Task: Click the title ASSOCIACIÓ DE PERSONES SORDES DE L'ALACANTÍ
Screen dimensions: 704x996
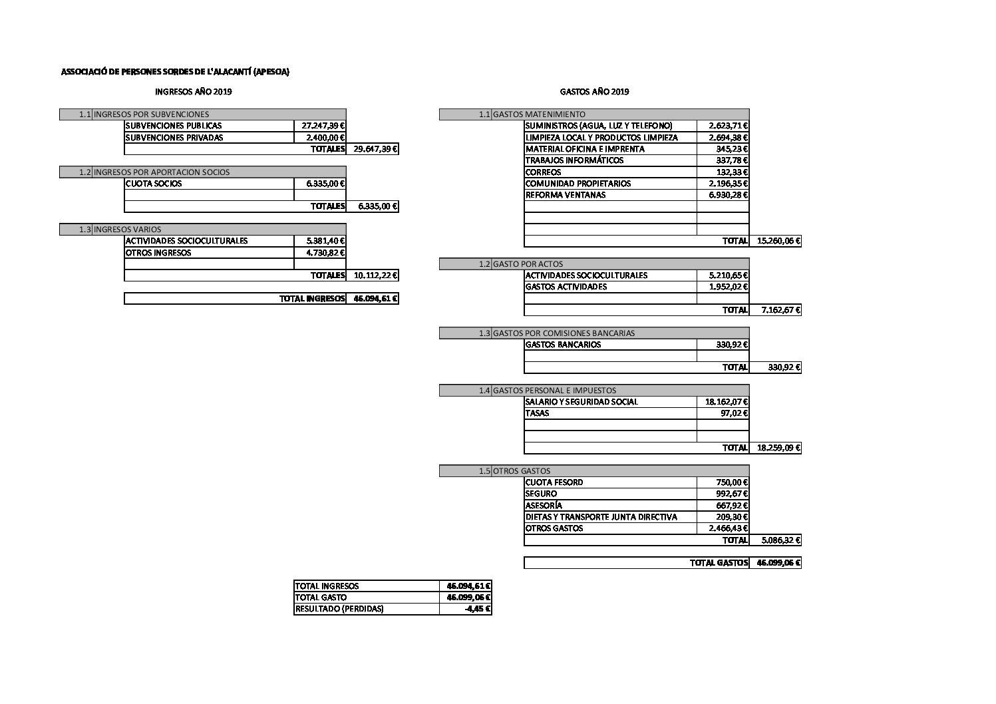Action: coord(175,72)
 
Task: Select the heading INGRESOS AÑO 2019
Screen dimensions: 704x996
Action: coord(194,92)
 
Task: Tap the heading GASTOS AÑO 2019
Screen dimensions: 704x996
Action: coord(594,92)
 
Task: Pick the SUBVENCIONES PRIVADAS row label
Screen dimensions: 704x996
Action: coord(174,138)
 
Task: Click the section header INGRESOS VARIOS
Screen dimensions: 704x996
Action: coord(127,230)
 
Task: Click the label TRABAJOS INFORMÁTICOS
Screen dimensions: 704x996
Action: coord(574,160)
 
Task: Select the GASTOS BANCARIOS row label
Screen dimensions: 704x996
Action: coord(563,345)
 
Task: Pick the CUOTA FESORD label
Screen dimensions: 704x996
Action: coord(554,482)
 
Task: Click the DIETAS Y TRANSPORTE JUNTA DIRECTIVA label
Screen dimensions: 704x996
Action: coord(601,517)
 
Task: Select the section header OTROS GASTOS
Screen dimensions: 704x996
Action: coord(522,471)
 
